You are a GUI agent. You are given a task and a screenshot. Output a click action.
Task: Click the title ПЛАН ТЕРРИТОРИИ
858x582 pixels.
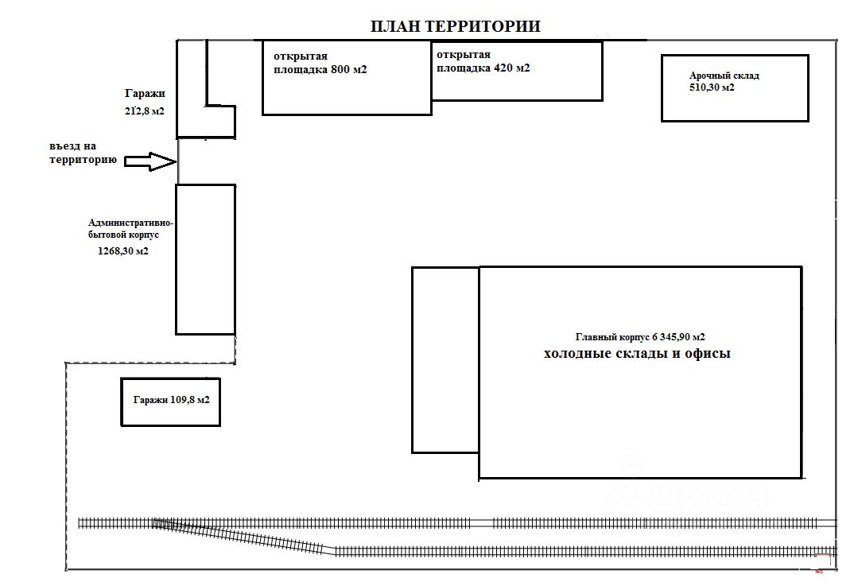(456, 26)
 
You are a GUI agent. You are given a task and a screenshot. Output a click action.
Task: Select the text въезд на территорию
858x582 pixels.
(83, 153)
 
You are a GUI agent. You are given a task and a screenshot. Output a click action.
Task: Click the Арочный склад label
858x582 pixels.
(724, 76)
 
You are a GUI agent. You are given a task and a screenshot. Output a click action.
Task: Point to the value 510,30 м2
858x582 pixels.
(712, 87)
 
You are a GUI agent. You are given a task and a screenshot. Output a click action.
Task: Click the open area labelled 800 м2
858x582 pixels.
(347, 87)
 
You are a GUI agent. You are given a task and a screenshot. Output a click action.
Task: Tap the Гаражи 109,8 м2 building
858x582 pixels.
(170, 402)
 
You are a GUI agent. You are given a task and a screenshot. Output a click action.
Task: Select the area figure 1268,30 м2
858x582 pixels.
(119, 251)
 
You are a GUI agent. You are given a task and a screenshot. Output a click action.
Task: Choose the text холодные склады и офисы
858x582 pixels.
(636, 354)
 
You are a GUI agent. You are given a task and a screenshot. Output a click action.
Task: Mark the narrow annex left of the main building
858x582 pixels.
(445, 359)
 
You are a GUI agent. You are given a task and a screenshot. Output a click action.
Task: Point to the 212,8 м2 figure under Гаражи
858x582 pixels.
(143, 111)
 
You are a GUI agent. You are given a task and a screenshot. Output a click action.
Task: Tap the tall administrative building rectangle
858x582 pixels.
(205, 259)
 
